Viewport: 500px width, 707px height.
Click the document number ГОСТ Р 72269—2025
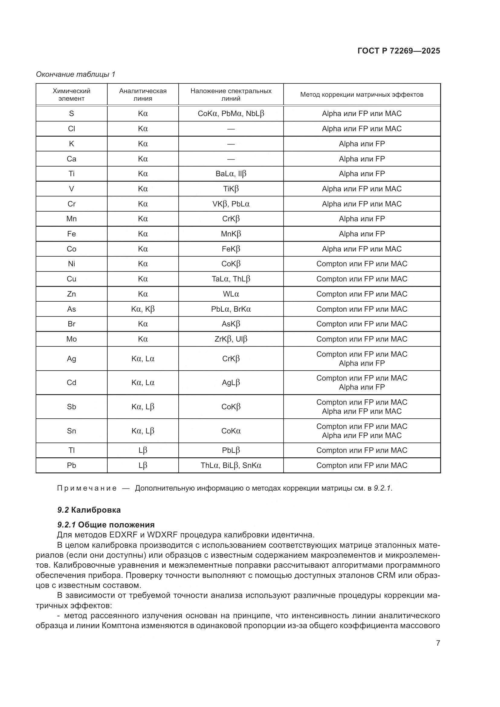(x=399, y=51)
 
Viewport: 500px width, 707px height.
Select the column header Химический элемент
(x=71, y=95)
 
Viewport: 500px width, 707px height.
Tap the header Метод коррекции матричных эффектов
(x=362, y=95)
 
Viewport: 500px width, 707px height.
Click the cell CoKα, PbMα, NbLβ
(x=231, y=114)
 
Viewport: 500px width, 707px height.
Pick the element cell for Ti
(x=71, y=174)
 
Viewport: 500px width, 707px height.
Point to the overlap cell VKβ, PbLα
(x=231, y=204)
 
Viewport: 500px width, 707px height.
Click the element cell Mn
(x=71, y=219)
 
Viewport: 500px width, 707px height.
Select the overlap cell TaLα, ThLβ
(x=231, y=279)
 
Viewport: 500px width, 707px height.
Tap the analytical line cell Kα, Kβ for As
(x=143, y=309)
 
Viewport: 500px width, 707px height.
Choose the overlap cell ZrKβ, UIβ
(x=231, y=339)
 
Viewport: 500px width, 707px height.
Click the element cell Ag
(x=71, y=359)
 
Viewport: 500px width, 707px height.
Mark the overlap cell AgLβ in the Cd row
(x=231, y=383)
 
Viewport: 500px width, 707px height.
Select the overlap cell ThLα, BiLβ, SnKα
(x=231, y=465)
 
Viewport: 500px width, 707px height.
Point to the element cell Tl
(x=71, y=450)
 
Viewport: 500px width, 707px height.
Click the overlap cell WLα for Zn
(x=231, y=294)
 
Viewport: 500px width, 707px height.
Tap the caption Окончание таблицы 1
(x=76, y=74)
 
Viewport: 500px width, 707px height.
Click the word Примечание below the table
(x=87, y=488)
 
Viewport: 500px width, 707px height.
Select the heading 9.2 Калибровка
(x=89, y=510)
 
